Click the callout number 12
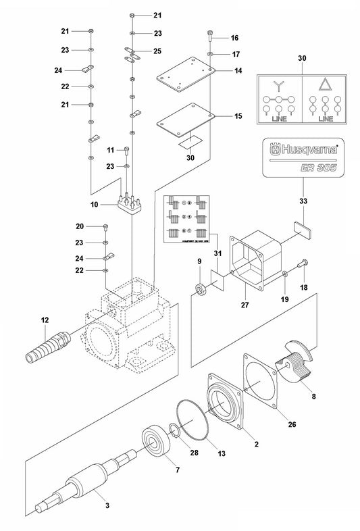coord(45,319)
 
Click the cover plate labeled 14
coord(184,80)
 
